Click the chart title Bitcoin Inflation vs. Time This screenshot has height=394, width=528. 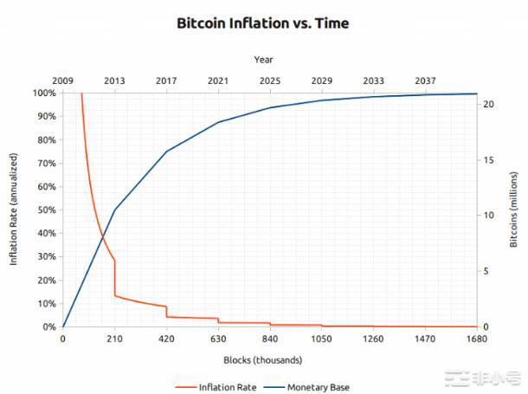pyautogui.click(x=263, y=23)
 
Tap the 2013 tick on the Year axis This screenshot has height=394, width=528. pyautogui.click(x=114, y=81)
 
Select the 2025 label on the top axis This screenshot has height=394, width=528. pyautogui.click(x=270, y=81)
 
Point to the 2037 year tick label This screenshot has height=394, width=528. pyautogui.click(x=425, y=81)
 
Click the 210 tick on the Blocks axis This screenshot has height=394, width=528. pyautogui.click(x=114, y=339)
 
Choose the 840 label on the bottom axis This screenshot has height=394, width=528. pyautogui.click(x=270, y=339)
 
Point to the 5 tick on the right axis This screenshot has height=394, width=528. pyautogui.click(x=488, y=272)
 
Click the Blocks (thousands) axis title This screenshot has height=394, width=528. pyautogui.click(x=263, y=359)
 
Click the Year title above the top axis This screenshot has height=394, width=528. pyautogui.click(x=264, y=60)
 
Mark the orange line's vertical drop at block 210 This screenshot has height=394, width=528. pyautogui.click(x=114, y=279)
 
